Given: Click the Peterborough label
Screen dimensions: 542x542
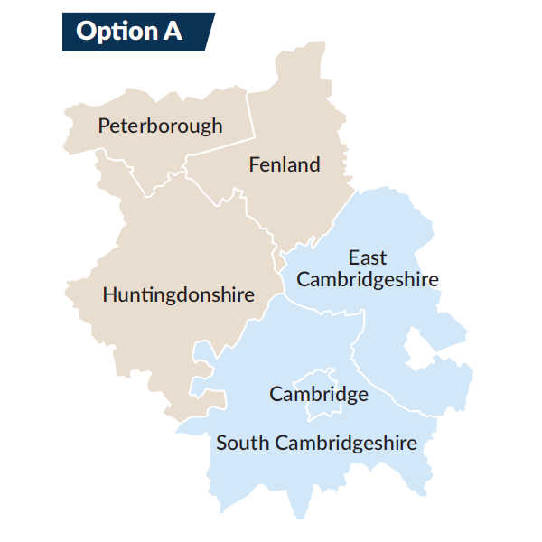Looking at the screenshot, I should [x=160, y=126].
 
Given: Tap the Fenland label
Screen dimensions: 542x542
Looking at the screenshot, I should [x=284, y=164].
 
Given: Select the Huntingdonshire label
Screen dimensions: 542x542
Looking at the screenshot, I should [x=179, y=294].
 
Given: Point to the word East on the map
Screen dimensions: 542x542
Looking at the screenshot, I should [x=368, y=259].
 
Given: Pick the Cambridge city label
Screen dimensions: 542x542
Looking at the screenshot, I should [x=319, y=395].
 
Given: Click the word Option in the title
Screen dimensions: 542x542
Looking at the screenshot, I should [x=103, y=32].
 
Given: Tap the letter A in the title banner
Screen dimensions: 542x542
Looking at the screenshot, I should [x=172, y=32].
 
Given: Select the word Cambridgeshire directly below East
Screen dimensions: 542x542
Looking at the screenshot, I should [x=368, y=279].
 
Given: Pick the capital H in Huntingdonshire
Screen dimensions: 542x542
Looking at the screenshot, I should [x=109, y=294].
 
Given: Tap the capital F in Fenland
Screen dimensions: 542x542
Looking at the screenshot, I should [x=254, y=164].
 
